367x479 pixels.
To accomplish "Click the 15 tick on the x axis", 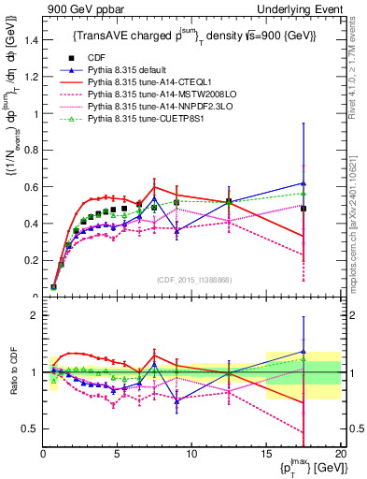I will point(268,454).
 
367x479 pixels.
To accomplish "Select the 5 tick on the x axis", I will point(118,454).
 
